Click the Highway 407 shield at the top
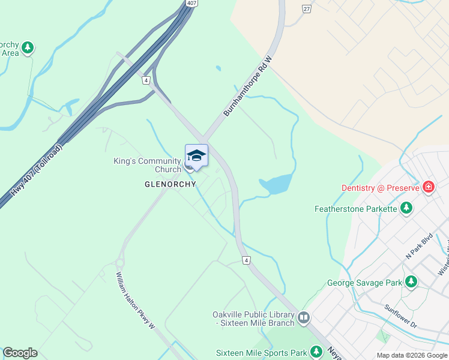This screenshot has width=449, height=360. [191, 4]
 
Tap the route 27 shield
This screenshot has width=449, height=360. [307, 8]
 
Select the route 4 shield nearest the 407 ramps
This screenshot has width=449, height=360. [146, 80]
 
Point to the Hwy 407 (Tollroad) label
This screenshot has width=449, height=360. [36, 172]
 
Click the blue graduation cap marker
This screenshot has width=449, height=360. [196, 156]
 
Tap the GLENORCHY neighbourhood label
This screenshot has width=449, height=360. [170, 184]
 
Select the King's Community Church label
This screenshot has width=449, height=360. [148, 165]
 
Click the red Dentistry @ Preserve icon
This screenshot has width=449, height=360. [428, 187]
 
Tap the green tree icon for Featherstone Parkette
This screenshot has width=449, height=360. [406, 208]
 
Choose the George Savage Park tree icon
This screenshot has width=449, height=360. [411, 281]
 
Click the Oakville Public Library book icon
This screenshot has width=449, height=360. [303, 317]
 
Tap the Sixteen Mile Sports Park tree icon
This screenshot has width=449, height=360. [316, 353]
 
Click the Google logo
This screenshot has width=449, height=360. [20, 353]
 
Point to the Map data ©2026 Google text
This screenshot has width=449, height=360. [411, 355]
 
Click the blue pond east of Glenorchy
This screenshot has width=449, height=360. [276, 184]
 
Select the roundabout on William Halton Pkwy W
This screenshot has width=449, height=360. [119, 263]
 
